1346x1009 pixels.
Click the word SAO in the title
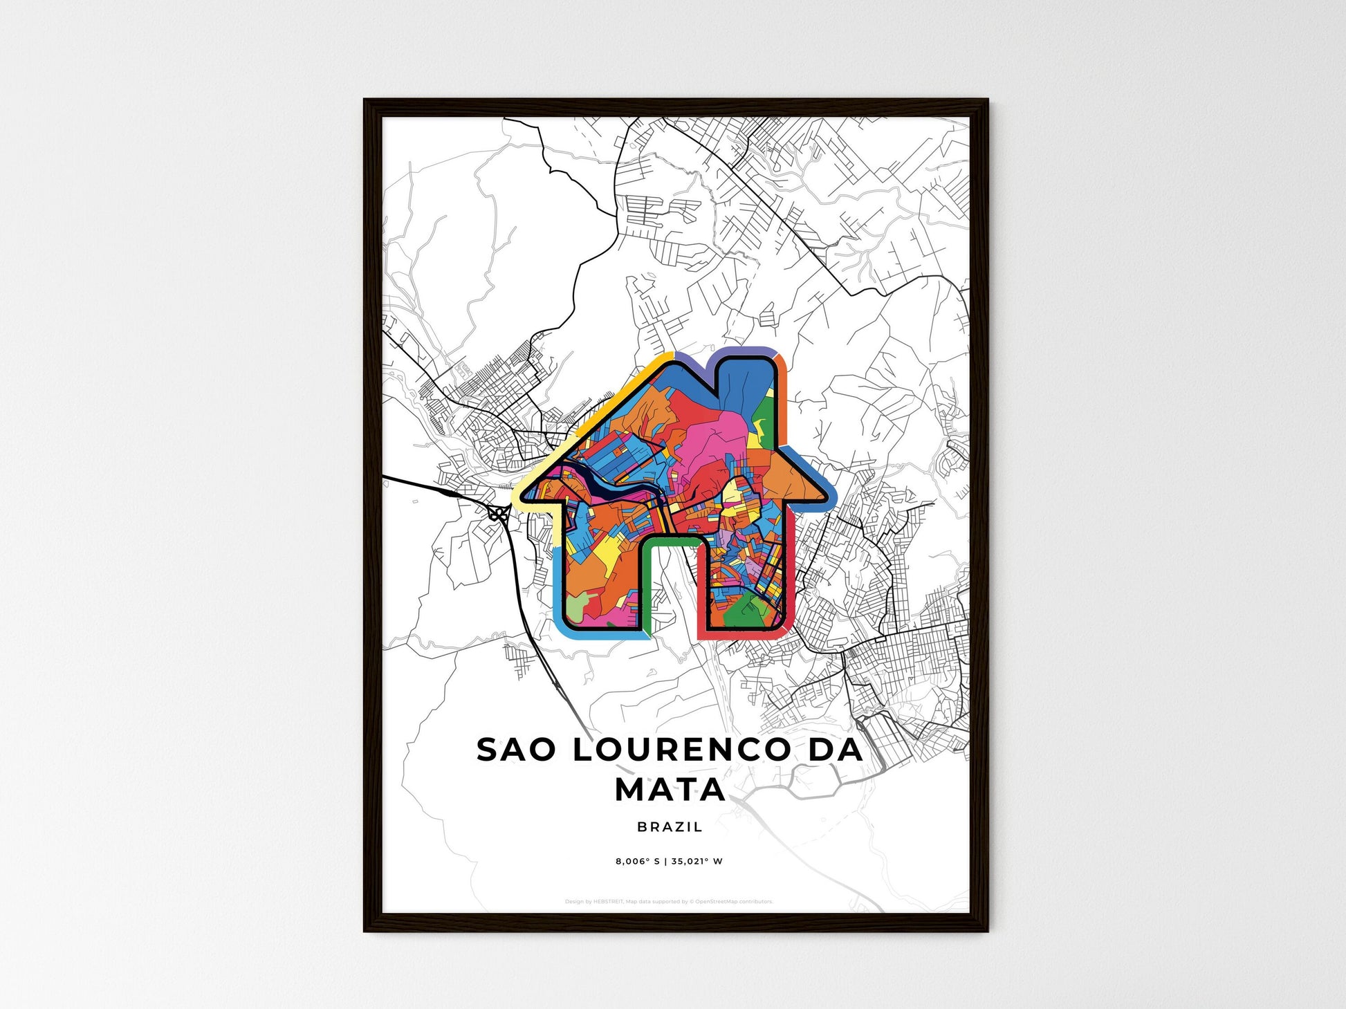click(x=515, y=750)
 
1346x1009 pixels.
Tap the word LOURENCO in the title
click(x=681, y=750)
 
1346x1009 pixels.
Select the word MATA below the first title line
click(x=670, y=790)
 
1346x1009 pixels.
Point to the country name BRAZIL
click(x=670, y=827)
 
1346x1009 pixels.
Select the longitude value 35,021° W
click(x=697, y=862)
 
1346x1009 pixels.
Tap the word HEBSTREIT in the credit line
click(x=609, y=902)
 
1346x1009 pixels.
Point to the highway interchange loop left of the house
click(x=497, y=514)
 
